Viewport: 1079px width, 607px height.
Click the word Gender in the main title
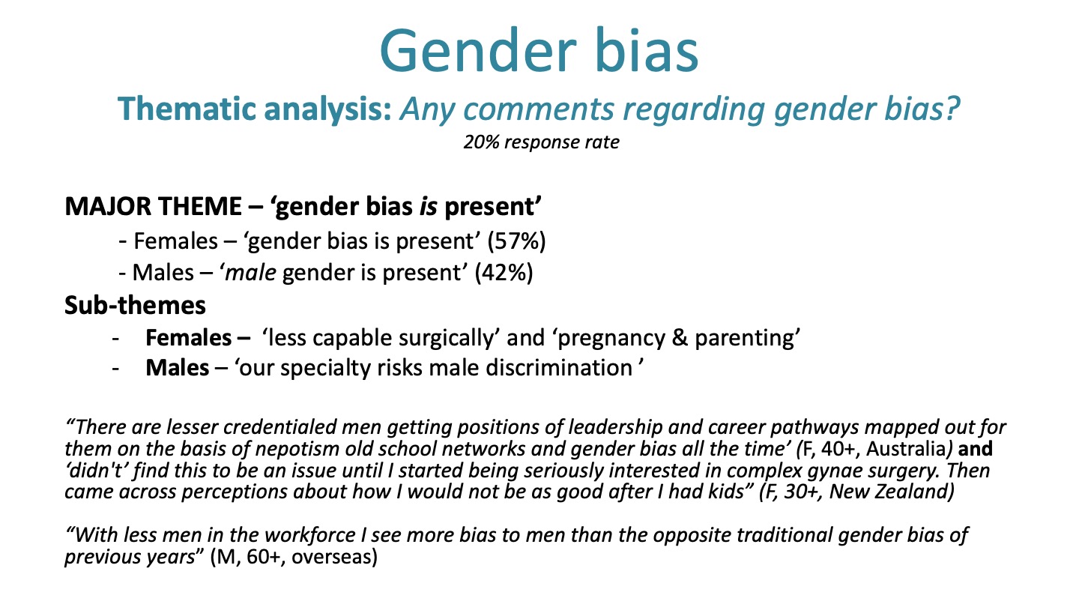point(478,51)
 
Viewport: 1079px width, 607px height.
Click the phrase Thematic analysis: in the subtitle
point(254,109)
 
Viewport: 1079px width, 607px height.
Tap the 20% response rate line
point(541,142)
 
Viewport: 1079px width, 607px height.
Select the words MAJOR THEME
point(153,206)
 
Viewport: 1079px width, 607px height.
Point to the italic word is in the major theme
point(429,206)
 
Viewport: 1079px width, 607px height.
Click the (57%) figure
point(516,241)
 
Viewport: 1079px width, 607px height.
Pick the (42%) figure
point(504,273)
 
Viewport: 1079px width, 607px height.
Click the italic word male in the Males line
point(250,273)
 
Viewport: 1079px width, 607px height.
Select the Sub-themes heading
point(136,306)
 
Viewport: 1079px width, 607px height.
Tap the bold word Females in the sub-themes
point(188,338)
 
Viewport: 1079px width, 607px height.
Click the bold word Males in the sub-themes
point(178,368)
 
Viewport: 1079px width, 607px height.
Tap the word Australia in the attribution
point(906,449)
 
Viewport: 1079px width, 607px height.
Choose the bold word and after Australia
point(976,449)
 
